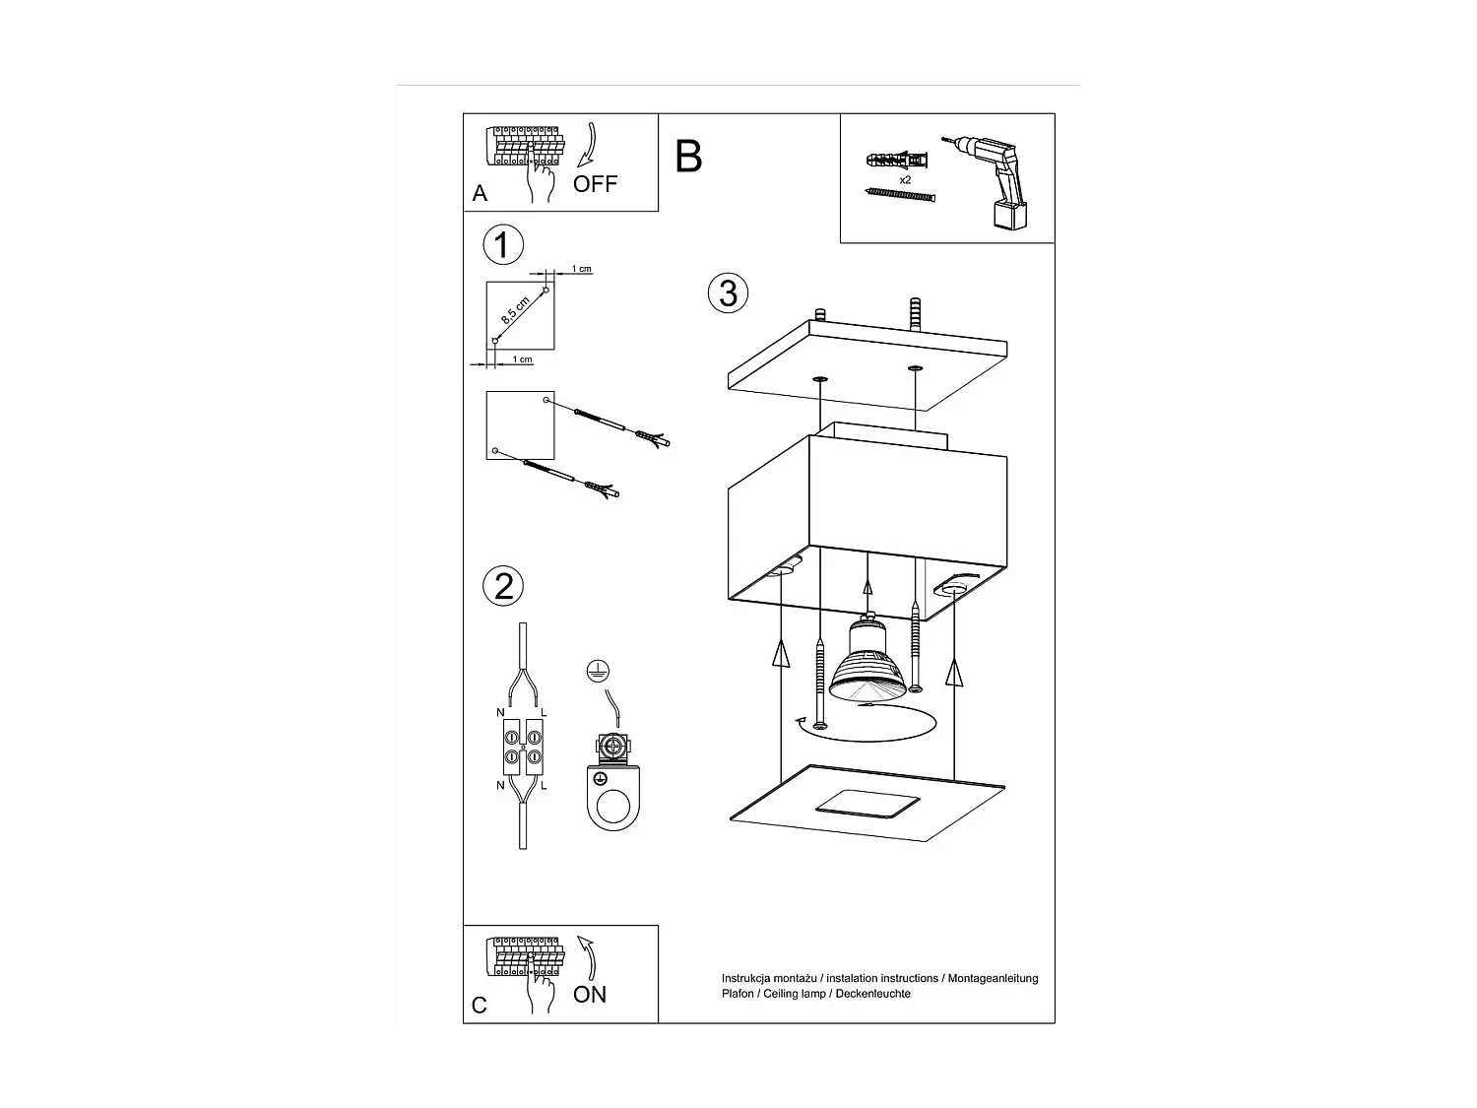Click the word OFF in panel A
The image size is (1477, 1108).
click(x=595, y=184)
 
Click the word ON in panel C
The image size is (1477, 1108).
click(x=590, y=995)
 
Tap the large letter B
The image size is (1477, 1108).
click(x=688, y=157)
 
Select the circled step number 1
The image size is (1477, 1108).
click(x=503, y=244)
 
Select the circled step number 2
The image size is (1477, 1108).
click(x=503, y=586)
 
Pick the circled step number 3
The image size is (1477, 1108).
click(x=728, y=293)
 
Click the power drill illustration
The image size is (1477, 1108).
click(x=995, y=182)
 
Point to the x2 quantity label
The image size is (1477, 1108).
click(x=905, y=180)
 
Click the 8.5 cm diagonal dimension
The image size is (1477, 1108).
click(x=515, y=310)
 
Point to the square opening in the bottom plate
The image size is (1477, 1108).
click(x=867, y=803)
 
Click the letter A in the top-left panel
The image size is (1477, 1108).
click(x=480, y=194)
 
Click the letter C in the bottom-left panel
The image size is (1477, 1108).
click(x=480, y=1006)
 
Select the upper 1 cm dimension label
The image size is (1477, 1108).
click(x=582, y=269)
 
